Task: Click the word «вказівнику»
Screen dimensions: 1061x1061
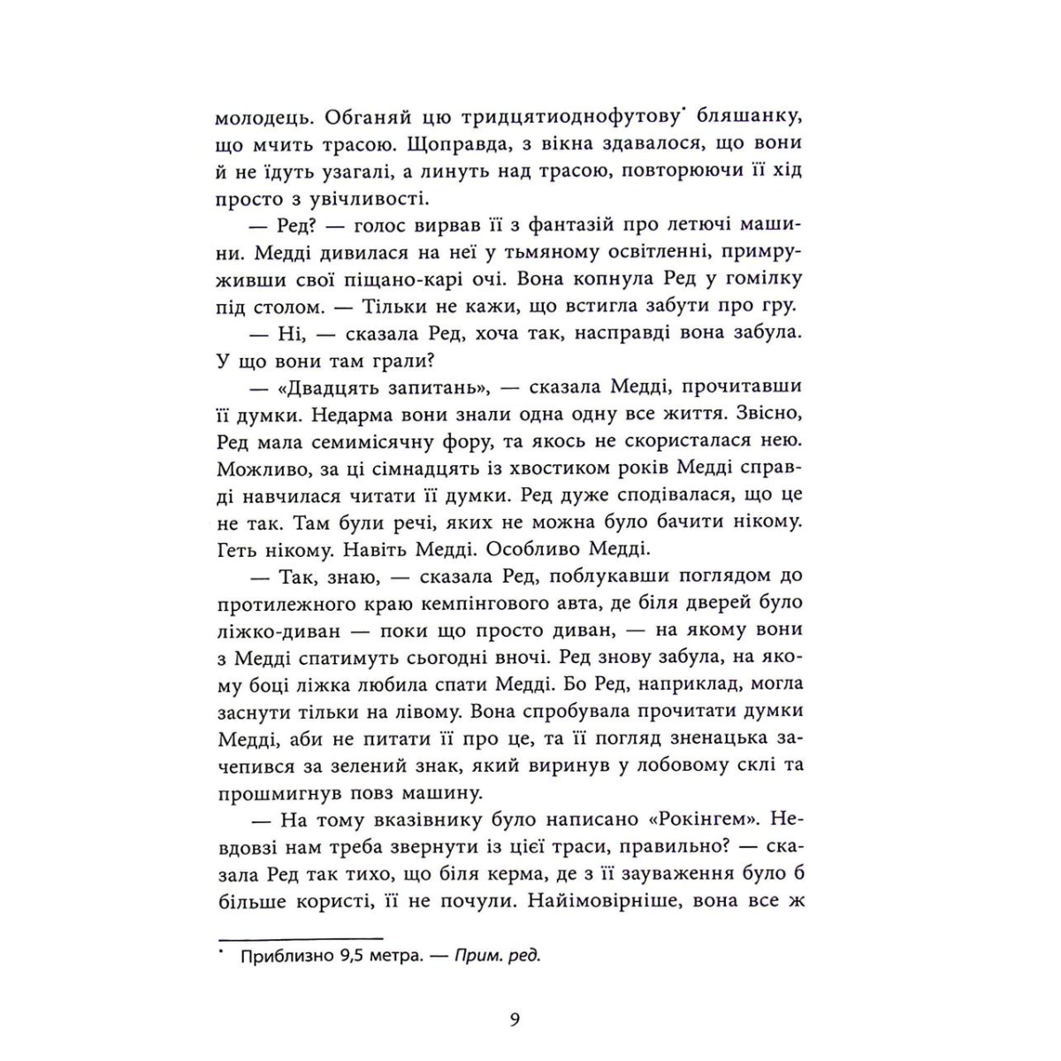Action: coord(436,821)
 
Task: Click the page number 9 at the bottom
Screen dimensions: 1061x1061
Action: coord(515,1020)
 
